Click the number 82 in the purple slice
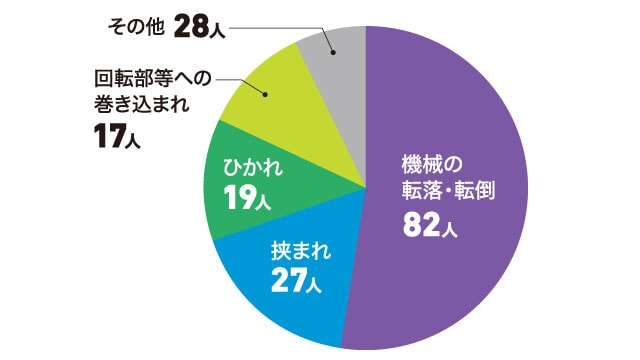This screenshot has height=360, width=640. tap(419, 225)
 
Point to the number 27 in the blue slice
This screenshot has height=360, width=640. tap(288, 283)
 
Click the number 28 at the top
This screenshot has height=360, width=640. tap(191, 27)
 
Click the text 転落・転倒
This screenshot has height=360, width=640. tap(451, 190)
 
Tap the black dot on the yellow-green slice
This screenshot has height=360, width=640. tap(265, 96)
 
